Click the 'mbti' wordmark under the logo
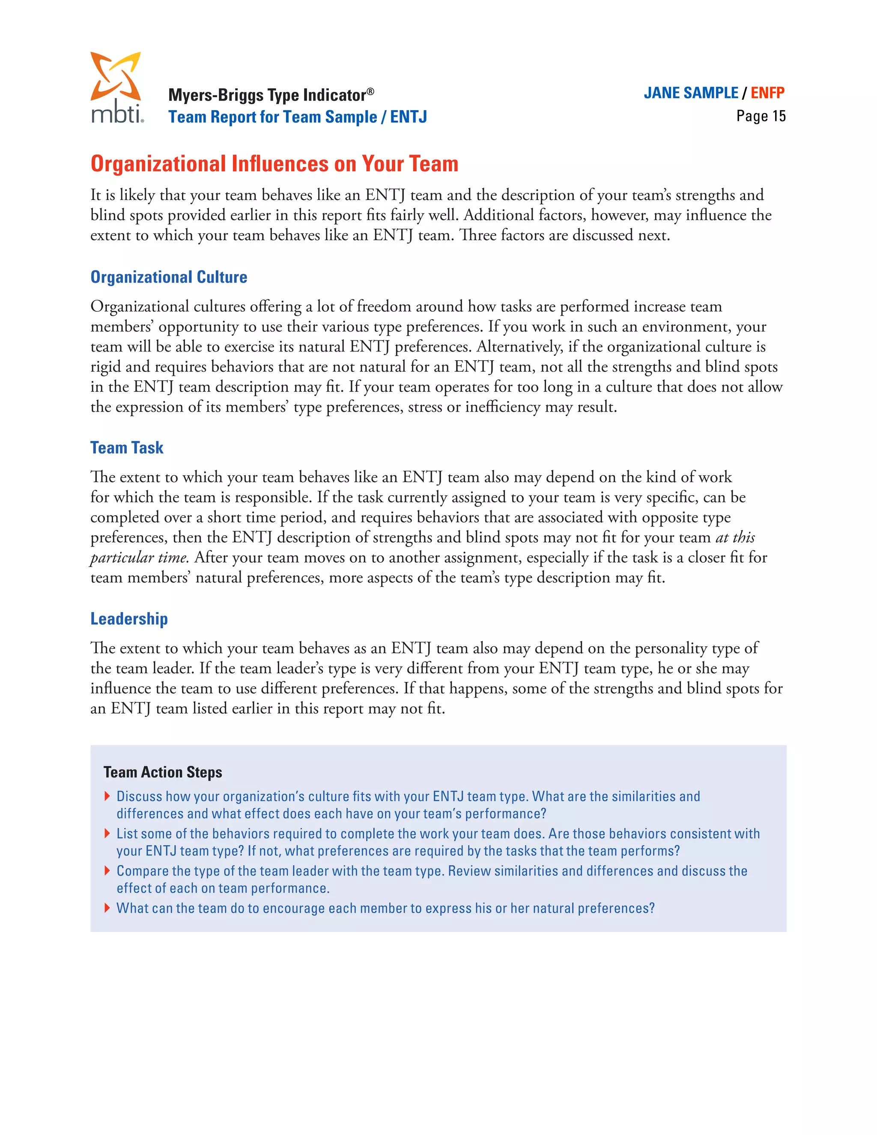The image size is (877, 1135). tap(116, 114)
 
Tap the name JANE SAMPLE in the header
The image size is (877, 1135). tap(690, 93)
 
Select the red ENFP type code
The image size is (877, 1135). tap(767, 93)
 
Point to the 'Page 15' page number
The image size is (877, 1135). tap(761, 116)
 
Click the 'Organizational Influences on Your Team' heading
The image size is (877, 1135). tap(274, 164)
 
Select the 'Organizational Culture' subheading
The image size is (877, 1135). tap(169, 277)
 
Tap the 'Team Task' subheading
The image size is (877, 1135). tap(127, 448)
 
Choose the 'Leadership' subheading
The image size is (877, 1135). tap(129, 618)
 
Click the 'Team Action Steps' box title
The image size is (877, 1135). tap(163, 772)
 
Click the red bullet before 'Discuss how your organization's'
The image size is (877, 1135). tap(107, 796)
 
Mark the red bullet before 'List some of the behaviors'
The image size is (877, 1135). tap(107, 833)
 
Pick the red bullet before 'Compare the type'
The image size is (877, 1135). tap(107, 870)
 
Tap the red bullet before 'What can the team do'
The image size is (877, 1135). tap(107, 908)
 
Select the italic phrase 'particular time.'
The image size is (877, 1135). tap(139, 558)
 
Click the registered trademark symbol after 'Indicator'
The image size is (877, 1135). tap(370, 90)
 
